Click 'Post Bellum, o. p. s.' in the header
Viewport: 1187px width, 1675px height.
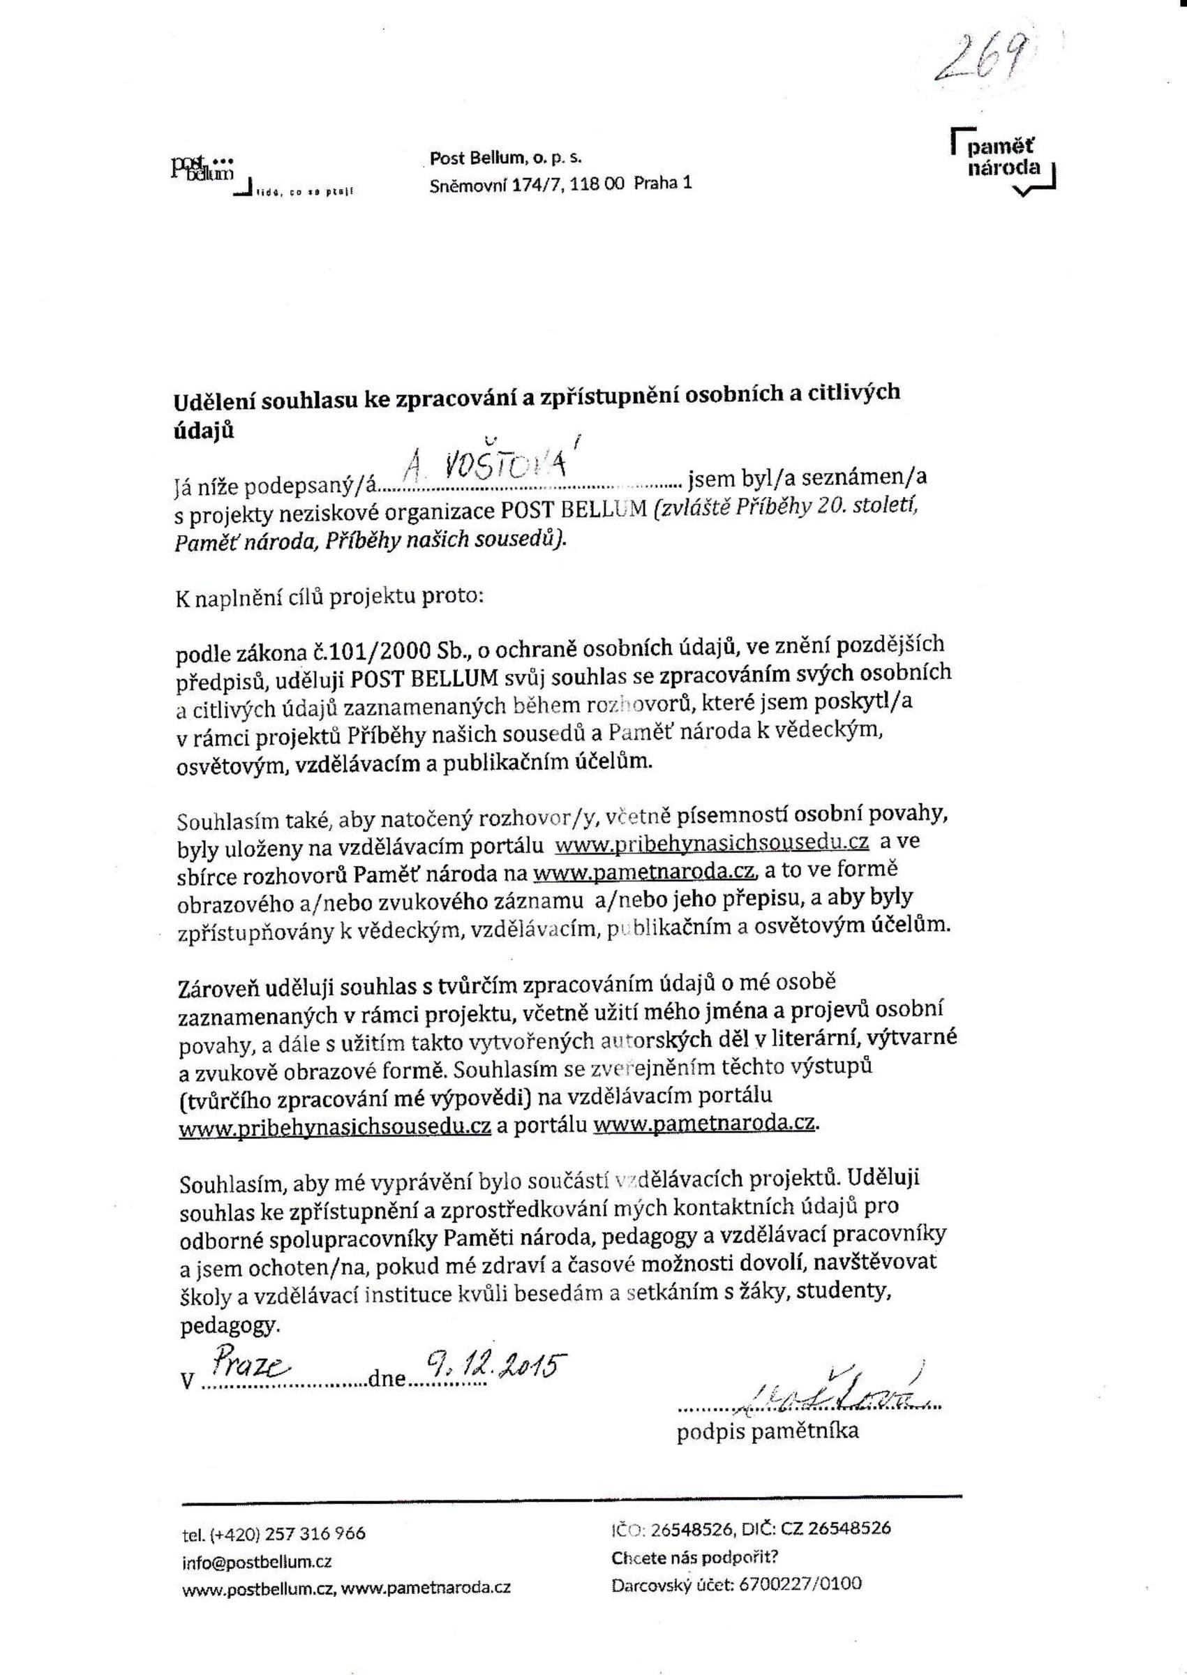pos(505,158)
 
